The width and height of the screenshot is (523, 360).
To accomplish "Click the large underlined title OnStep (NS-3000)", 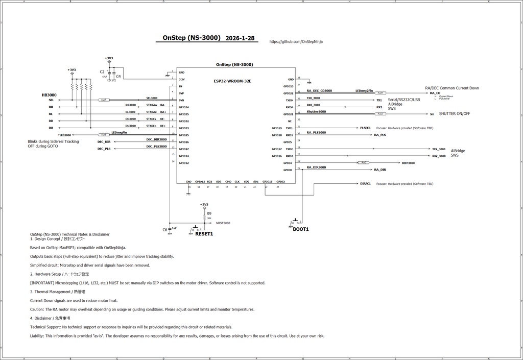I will point(191,38).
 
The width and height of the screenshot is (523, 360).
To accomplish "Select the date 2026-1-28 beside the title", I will point(240,38).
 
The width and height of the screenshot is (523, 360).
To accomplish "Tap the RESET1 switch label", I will point(204,234).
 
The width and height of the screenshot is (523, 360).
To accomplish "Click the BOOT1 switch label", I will point(300,229).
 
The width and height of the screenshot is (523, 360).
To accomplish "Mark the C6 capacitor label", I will point(165,230).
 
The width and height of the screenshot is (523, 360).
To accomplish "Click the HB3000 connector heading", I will point(49,95).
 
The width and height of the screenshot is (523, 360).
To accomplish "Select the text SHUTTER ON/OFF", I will point(455,114).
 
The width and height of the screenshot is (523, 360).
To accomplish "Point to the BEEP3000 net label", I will point(408,163).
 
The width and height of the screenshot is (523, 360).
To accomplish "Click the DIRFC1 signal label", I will point(365,183).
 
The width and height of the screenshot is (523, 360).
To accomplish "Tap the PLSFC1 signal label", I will point(365,128).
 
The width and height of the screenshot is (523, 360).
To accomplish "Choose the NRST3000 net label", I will point(223,223).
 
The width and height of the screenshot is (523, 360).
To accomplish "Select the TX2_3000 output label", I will point(439,149).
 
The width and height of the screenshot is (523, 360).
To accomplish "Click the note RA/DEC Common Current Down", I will point(451,88).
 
